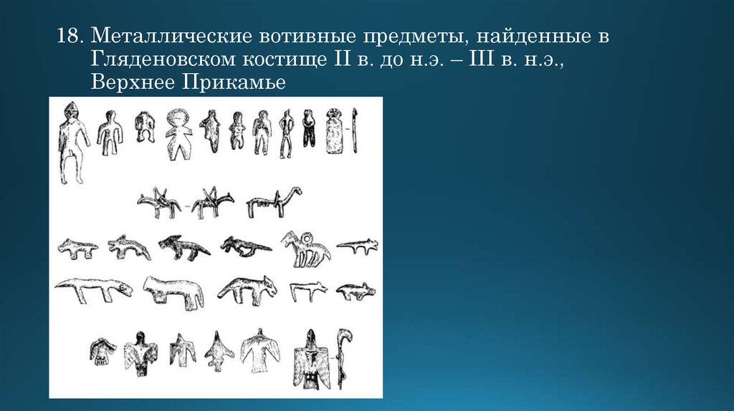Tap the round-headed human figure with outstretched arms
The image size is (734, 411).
(176, 133)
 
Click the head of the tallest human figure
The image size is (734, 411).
(70, 111)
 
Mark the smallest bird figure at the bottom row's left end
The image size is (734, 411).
(103, 350)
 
